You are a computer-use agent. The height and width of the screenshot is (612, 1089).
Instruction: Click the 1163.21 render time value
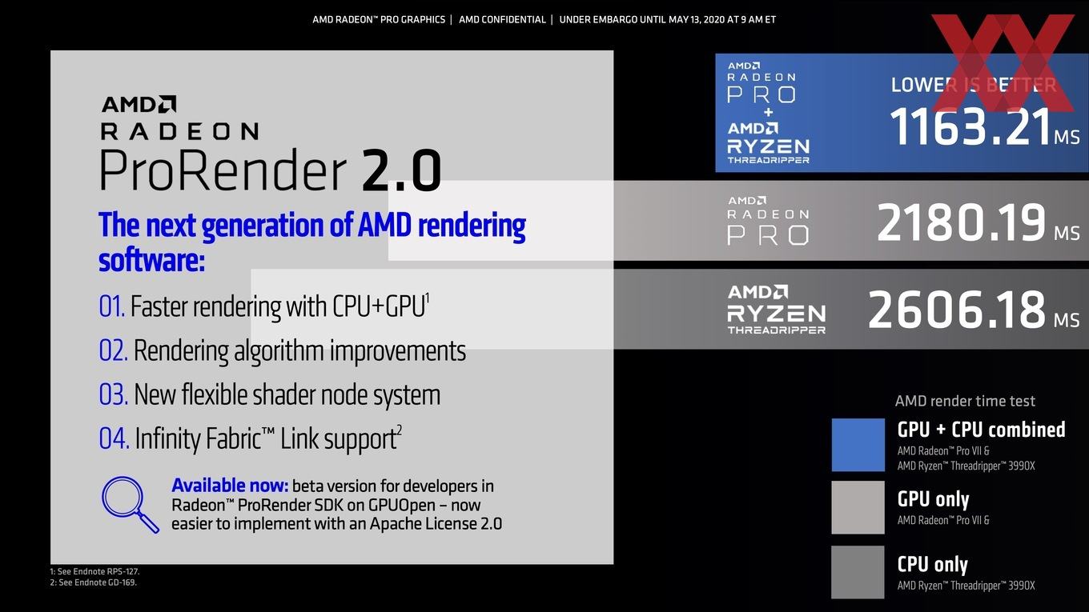[970, 126]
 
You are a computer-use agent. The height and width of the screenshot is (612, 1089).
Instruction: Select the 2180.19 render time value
[961, 222]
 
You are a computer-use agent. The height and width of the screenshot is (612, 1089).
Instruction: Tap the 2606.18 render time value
[957, 310]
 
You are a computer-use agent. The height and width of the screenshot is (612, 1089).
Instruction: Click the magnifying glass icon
[130, 504]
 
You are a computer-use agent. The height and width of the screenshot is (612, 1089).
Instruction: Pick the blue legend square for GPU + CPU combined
[858, 445]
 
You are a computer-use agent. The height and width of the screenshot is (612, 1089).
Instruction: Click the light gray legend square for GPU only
[858, 507]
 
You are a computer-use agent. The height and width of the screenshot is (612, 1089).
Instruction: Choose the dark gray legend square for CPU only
[858, 572]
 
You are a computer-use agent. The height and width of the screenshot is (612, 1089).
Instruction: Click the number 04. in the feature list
[115, 438]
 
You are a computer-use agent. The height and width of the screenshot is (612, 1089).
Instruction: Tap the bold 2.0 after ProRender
[402, 170]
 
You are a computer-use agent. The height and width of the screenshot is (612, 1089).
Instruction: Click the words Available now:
[230, 486]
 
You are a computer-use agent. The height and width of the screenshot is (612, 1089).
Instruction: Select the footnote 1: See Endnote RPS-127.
[94, 572]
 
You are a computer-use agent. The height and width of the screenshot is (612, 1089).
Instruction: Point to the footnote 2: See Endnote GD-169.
[94, 582]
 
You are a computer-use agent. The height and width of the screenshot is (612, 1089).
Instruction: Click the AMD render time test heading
[965, 402]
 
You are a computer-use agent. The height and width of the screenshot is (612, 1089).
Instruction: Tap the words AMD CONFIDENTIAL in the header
[502, 20]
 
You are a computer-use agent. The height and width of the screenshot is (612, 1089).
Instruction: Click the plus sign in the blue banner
[768, 113]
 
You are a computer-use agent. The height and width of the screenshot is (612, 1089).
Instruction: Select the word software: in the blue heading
[151, 261]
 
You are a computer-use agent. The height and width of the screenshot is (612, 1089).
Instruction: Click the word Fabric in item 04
[234, 438]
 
